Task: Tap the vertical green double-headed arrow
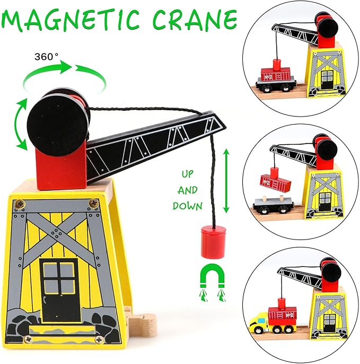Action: (226, 181)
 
